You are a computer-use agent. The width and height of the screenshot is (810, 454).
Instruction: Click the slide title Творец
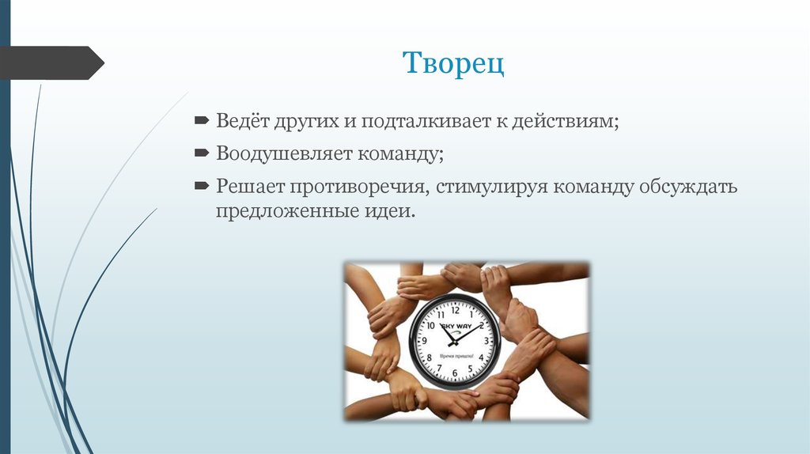tap(454, 63)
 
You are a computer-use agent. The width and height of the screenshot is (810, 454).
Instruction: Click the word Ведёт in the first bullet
tap(242, 122)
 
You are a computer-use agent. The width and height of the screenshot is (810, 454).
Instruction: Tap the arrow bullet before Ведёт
tap(202, 122)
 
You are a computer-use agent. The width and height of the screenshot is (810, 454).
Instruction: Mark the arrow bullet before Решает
tap(202, 187)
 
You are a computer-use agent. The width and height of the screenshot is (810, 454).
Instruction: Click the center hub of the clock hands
tap(454, 342)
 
